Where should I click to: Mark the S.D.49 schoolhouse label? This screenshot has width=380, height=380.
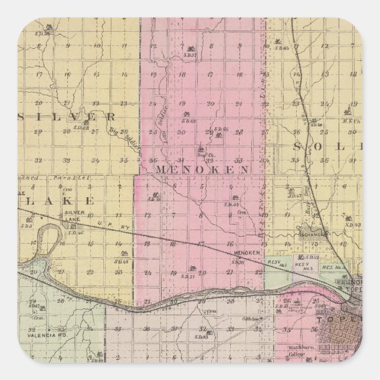point(122,261)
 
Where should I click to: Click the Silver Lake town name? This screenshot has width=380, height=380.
point(75,215)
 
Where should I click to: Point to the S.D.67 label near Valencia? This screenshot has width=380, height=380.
point(32,307)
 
